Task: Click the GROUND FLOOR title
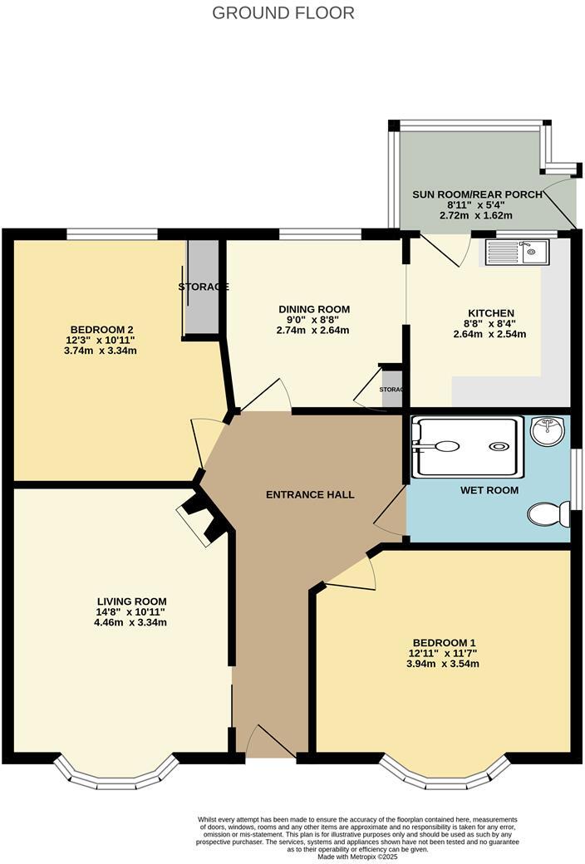[283, 12]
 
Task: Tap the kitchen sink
[516, 251]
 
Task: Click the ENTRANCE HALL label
[310, 494]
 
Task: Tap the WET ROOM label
[489, 490]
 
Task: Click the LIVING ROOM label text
[131, 601]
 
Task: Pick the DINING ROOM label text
[314, 309]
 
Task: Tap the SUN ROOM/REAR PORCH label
[477, 194]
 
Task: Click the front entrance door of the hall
[271, 744]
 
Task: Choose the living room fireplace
[199, 519]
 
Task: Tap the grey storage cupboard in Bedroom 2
[201, 287]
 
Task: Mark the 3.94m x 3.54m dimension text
[442, 664]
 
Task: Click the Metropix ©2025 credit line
[358, 857]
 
